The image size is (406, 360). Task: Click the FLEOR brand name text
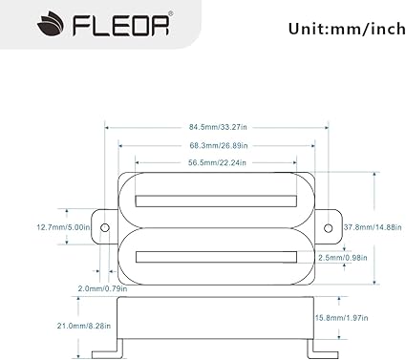(x=121, y=25)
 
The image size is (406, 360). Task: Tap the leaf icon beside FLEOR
(x=51, y=24)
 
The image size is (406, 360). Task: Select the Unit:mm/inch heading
(x=347, y=29)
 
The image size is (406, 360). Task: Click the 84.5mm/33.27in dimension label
(x=218, y=127)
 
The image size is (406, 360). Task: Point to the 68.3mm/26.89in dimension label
(x=219, y=146)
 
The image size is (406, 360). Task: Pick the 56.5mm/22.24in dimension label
(x=217, y=163)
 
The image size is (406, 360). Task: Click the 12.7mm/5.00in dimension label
(x=63, y=227)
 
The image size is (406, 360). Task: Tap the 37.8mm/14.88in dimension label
(x=373, y=227)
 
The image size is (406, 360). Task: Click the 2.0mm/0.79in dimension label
(x=102, y=288)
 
